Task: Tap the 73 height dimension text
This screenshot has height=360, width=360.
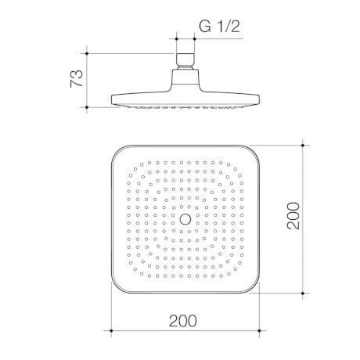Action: pyautogui.click(x=77, y=78)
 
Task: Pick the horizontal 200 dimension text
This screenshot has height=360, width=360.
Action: pyautogui.click(x=182, y=320)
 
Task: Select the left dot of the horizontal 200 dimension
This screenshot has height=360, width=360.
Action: pyautogui.click(x=109, y=327)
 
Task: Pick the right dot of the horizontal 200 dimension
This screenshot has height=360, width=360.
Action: pyautogui.click(x=258, y=327)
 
